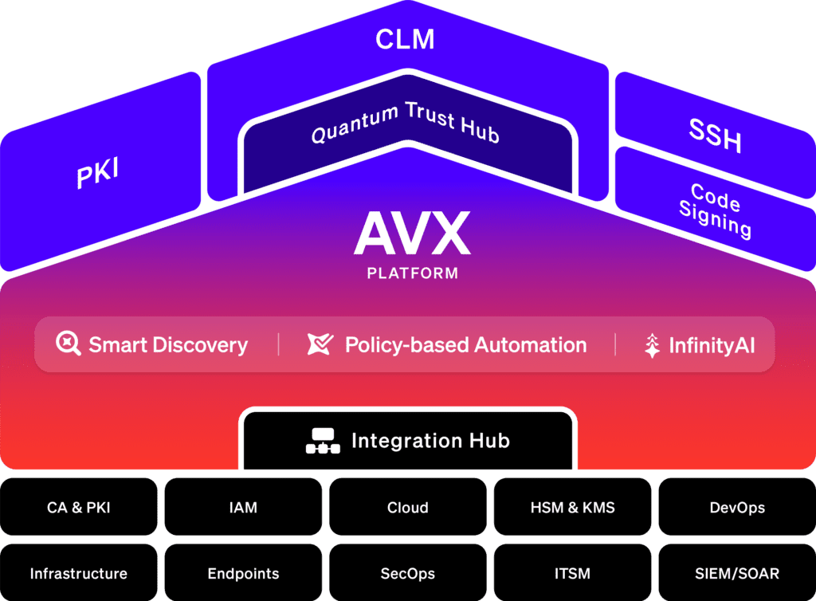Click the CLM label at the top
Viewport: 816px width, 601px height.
point(405,40)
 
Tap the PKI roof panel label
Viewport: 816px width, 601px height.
point(98,172)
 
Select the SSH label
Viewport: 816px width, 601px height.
point(715,136)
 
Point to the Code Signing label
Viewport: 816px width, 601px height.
point(716,210)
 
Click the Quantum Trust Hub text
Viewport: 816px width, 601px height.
point(406,123)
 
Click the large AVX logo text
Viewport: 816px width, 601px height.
point(412,233)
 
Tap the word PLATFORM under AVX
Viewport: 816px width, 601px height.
point(412,273)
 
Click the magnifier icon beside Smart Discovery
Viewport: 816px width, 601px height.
point(69,344)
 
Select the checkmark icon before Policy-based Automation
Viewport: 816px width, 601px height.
point(320,344)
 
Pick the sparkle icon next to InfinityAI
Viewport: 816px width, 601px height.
point(652,345)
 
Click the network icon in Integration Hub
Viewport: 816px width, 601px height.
point(323,441)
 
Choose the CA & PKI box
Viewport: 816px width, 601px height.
point(79,507)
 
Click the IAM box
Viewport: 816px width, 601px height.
point(243,507)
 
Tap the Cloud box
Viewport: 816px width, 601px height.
point(408,507)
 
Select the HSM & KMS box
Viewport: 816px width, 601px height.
point(572,507)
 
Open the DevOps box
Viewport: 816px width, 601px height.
point(737,507)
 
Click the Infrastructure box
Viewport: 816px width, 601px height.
point(79,572)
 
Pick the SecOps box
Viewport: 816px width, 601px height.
point(408,572)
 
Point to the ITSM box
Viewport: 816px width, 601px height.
point(572,572)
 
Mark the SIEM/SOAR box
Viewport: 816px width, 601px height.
point(737,572)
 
